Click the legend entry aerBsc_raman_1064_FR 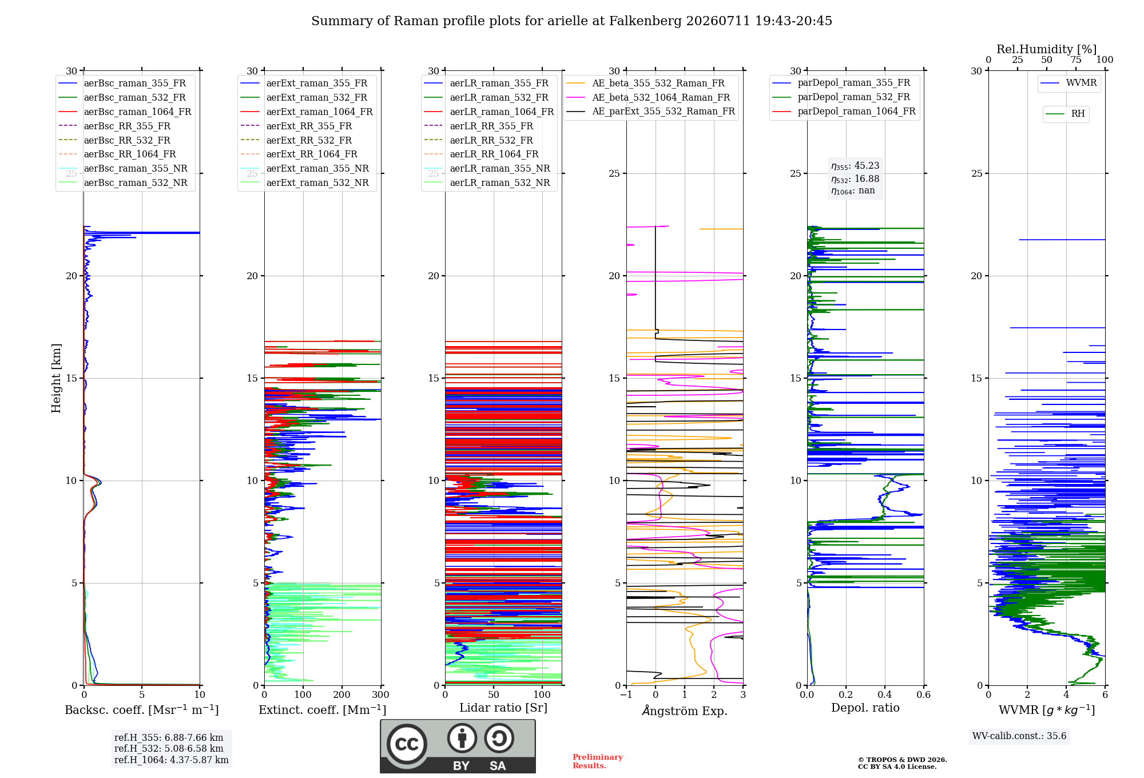(125, 112)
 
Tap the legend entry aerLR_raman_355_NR (487, 169)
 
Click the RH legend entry (1065, 114)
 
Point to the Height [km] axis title (56, 378)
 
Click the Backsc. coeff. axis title (142, 710)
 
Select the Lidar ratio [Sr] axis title (503, 708)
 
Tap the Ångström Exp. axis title (685, 710)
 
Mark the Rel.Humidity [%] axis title (1047, 49)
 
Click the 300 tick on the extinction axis (380, 694)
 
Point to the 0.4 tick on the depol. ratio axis (885, 694)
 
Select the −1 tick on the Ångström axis (626, 694)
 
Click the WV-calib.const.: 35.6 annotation (1019, 736)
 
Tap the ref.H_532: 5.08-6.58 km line (169, 749)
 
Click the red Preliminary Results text (598, 761)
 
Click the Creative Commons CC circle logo (407, 744)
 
